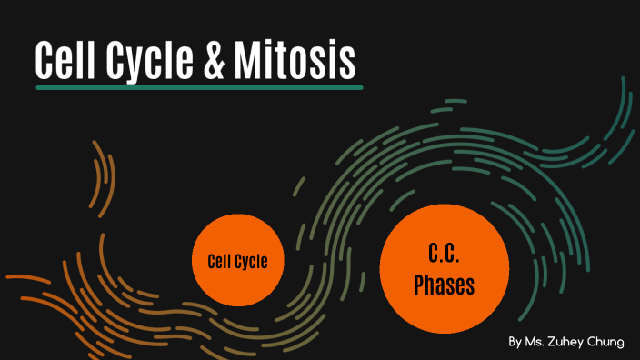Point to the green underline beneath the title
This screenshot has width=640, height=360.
[x=199, y=87]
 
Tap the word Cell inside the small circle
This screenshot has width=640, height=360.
[x=221, y=262]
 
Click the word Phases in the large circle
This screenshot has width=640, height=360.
[x=445, y=285]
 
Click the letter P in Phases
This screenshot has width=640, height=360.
[x=420, y=285]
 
